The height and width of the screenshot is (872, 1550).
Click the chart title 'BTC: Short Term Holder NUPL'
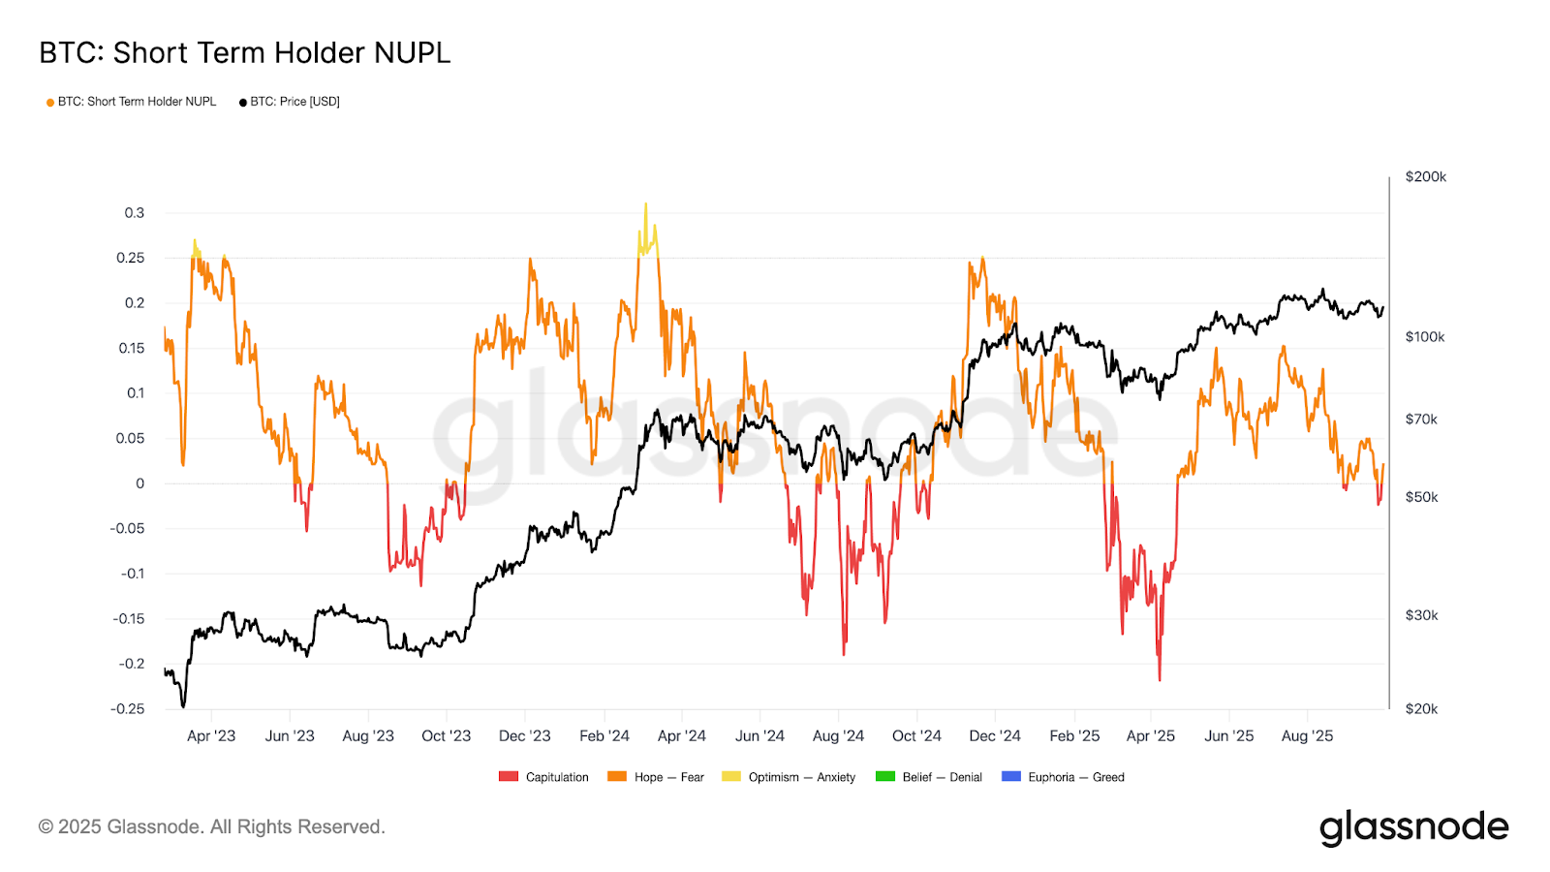[x=244, y=52]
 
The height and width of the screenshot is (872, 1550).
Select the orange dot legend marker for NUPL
[x=50, y=102]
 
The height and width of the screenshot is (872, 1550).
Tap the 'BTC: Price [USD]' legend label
[x=294, y=102]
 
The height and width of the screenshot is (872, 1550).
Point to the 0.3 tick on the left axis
[x=135, y=213]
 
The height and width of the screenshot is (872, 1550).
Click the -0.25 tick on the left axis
[x=128, y=709]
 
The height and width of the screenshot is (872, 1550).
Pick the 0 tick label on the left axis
[x=140, y=483]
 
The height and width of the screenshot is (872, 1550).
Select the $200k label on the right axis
[x=1425, y=177]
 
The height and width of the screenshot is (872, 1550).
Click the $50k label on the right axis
[x=1421, y=497]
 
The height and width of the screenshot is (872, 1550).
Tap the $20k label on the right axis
[x=1421, y=709]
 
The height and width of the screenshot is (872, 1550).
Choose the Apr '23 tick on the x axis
[x=211, y=736]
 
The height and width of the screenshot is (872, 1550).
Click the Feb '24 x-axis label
[x=604, y=736]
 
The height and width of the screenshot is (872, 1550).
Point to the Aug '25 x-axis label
[x=1307, y=736]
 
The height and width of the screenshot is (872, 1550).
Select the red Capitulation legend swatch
[x=509, y=777]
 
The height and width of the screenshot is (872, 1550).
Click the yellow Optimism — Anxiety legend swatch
[x=731, y=777]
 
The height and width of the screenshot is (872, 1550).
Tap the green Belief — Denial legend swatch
[x=884, y=777]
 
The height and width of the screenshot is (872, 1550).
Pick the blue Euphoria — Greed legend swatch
[x=1011, y=777]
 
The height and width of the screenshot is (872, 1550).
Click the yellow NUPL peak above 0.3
[x=646, y=204]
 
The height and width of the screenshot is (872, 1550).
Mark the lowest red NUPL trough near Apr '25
[x=1160, y=679]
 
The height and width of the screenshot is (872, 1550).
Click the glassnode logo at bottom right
[x=1413, y=827]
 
